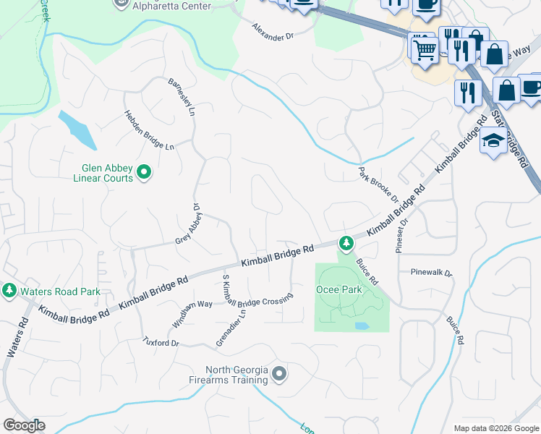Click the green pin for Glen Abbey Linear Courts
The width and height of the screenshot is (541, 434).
click(144, 171)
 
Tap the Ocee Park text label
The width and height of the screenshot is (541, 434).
click(338, 289)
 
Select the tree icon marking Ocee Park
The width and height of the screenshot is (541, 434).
click(346, 242)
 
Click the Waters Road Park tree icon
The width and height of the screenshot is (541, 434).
click(9, 291)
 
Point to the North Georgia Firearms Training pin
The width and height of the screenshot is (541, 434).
click(280, 374)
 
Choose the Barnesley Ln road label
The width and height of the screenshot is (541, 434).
click(182, 97)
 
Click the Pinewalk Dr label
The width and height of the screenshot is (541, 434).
click(431, 273)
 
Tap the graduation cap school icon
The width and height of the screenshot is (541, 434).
click(493, 142)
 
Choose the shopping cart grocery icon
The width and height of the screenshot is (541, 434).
click(424, 49)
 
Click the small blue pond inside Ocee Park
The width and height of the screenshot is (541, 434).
click(362, 325)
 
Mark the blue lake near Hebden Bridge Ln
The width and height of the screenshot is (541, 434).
click(76, 128)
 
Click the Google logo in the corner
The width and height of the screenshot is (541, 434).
click(24, 425)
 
